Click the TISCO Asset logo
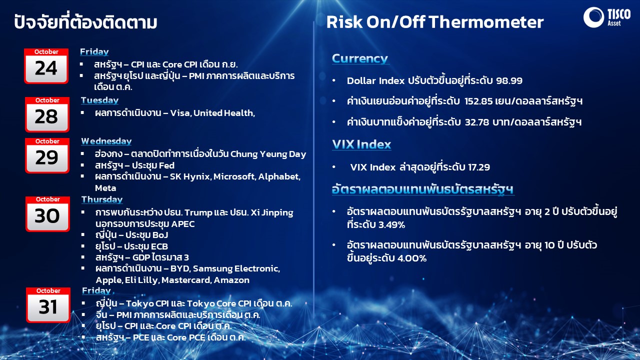pyautogui.click(x=606, y=17)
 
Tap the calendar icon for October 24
pyautogui.click(x=46, y=66)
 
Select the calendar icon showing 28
pyautogui.click(x=47, y=114)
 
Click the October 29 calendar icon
pyautogui.click(x=47, y=155)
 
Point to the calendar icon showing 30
pyautogui.click(x=47, y=213)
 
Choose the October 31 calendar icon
pyautogui.click(x=48, y=305)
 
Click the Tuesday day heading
pyautogui.click(x=99, y=100)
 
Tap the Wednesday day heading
pyautogui.click(x=106, y=141)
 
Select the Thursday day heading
pyautogui.click(x=102, y=199)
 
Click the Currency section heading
pyautogui.click(x=360, y=59)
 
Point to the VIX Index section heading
pyautogui.click(x=361, y=144)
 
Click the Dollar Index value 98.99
pyautogui.click(x=509, y=80)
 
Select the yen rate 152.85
pyautogui.click(x=478, y=101)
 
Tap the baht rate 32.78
pyautogui.click(x=477, y=122)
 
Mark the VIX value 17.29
pyautogui.click(x=479, y=167)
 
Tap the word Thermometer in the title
pyautogui.click(x=486, y=22)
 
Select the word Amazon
pyautogui.click(x=231, y=280)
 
